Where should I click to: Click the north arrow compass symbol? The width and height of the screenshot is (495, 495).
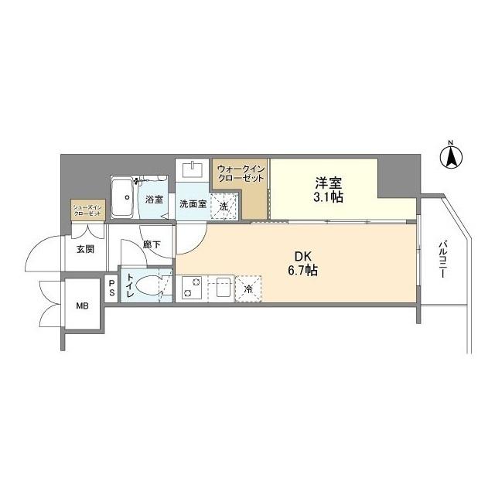[451, 157]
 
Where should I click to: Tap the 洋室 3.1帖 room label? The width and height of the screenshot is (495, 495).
[329, 189]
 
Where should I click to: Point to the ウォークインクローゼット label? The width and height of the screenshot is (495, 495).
[241, 173]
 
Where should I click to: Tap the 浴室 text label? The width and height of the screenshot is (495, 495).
[154, 200]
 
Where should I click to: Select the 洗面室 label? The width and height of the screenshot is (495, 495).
[192, 205]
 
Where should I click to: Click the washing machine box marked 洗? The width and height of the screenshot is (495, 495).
[224, 206]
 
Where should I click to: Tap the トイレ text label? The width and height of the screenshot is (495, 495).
[130, 288]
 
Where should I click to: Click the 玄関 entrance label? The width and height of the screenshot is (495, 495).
[84, 249]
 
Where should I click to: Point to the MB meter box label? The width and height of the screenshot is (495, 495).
[81, 306]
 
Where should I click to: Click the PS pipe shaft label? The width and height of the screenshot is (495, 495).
[111, 288]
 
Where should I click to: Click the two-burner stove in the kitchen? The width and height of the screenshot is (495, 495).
[191, 288]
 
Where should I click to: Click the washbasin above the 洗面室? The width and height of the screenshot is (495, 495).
[192, 170]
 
